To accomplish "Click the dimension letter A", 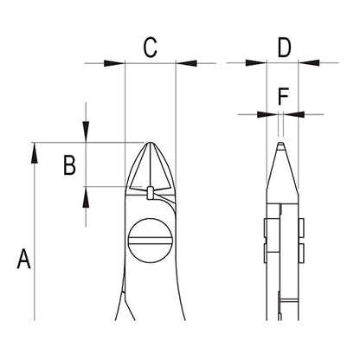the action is [x=23, y=259].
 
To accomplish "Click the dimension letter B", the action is [x=69, y=165].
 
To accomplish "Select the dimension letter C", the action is [x=151, y=47].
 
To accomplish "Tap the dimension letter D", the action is [x=284, y=47].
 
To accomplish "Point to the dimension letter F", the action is [x=283, y=96].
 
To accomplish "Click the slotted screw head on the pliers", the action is [x=151, y=241].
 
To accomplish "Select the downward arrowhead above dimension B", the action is [x=86, y=132].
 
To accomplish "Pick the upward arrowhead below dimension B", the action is [x=86, y=197].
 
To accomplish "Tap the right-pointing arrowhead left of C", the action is [x=114, y=63].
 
